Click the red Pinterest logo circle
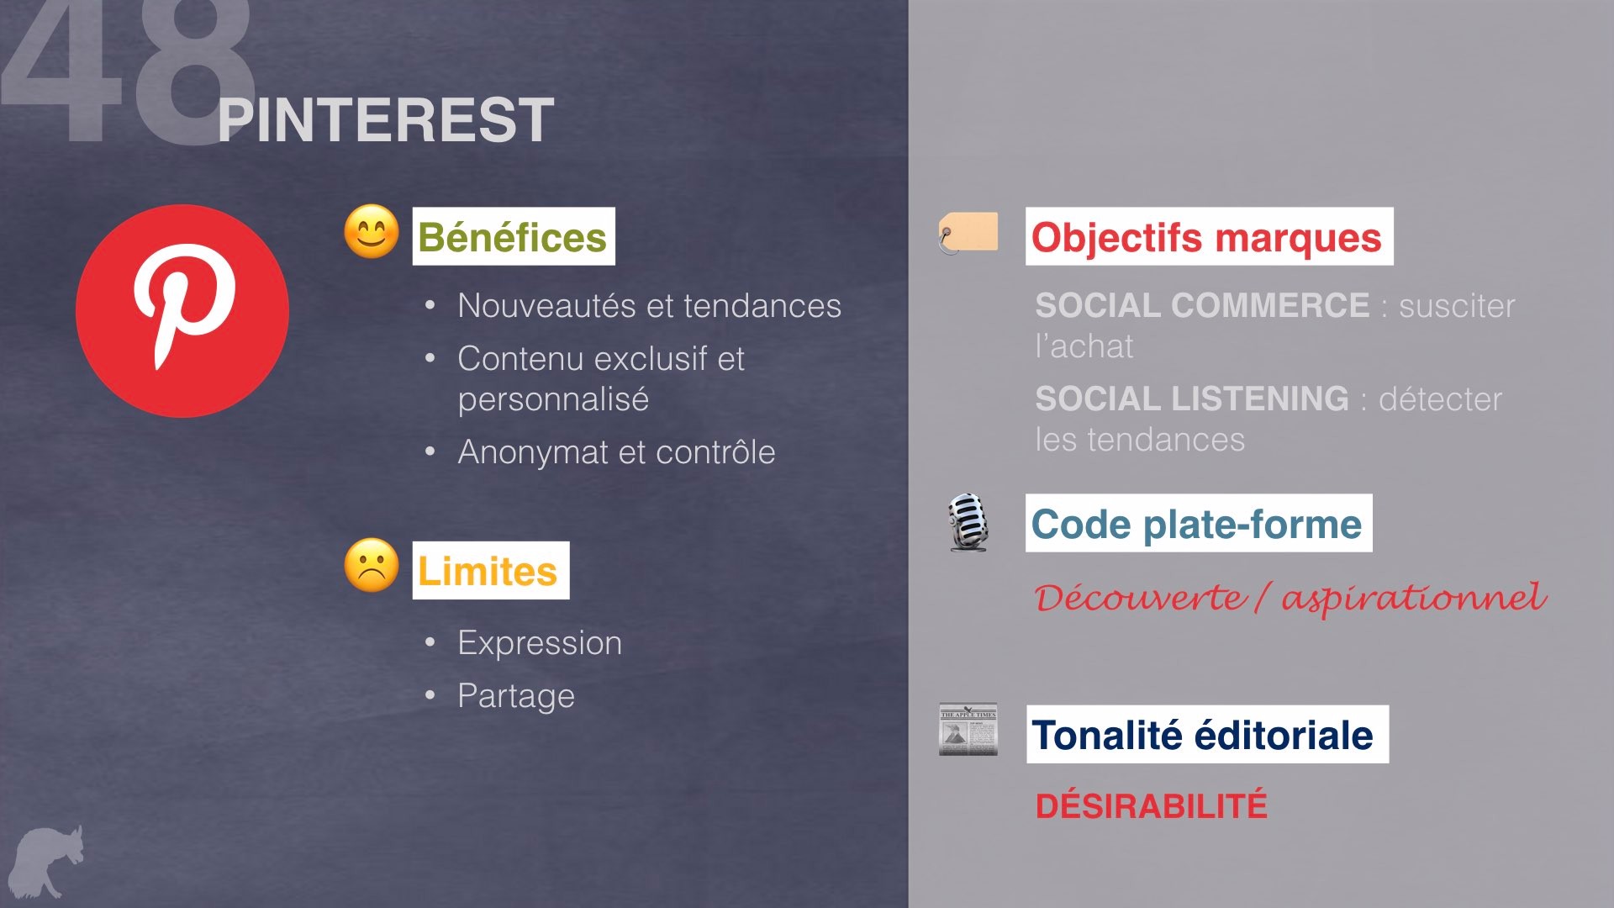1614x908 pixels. (182, 311)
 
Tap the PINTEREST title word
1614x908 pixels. (386, 120)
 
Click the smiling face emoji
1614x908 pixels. (372, 231)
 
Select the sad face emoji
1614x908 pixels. (372, 565)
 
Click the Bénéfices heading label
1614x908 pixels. (514, 236)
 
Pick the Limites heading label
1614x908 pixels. (491, 570)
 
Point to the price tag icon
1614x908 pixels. (968, 233)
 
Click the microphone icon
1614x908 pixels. (968, 523)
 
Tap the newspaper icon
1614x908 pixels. (968, 729)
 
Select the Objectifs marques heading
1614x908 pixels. (1209, 236)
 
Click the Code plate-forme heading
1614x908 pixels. (1199, 523)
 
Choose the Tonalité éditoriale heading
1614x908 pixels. (1207, 734)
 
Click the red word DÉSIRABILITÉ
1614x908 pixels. (1151, 805)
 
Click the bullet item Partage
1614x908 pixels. (516, 696)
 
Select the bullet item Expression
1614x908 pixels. (540, 643)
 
